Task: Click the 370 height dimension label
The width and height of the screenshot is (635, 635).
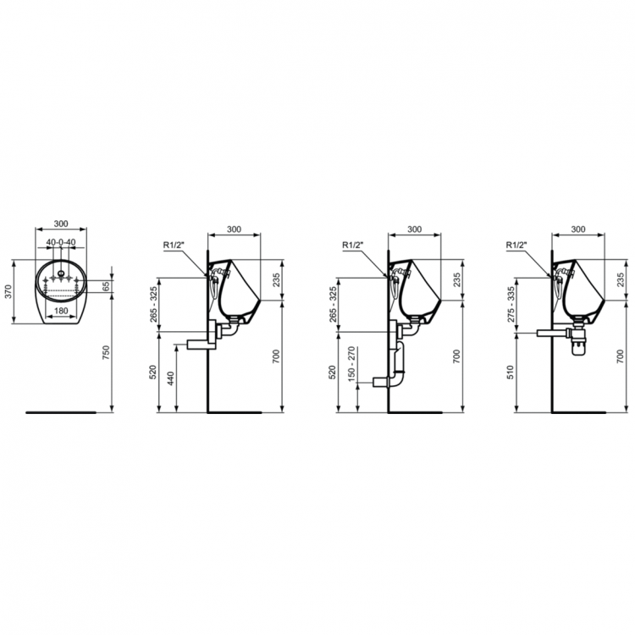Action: [x=8, y=291]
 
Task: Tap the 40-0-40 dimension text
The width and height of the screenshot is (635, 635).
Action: [x=61, y=242]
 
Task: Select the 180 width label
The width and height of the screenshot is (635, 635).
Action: [x=61, y=311]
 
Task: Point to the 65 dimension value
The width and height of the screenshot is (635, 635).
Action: [x=106, y=287]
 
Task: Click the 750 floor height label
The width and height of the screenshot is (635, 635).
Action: [x=106, y=353]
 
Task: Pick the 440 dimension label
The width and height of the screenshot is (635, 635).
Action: [x=170, y=378]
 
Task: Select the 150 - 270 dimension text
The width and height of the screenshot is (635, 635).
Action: [x=351, y=364]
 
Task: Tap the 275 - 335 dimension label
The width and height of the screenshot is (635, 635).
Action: [x=511, y=305]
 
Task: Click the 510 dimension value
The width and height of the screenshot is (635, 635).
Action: [x=511, y=372]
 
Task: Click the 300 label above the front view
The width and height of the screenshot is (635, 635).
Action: [x=61, y=224]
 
